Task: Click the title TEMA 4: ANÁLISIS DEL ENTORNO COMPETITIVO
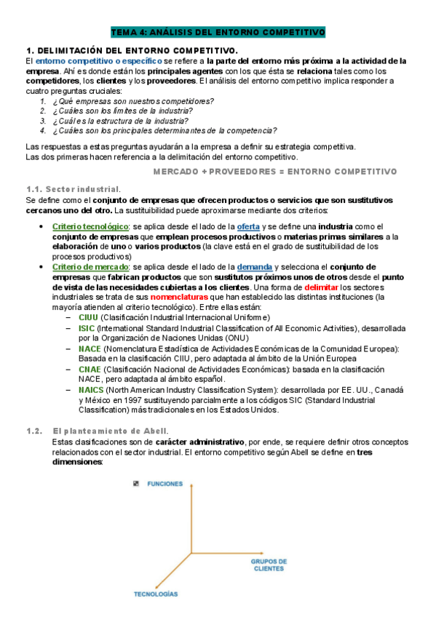(218, 33)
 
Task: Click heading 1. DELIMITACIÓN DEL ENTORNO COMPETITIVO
(132, 50)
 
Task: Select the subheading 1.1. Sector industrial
(74, 188)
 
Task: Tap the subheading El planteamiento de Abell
(112, 431)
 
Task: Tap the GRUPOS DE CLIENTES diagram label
(269, 565)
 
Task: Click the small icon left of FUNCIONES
(136, 484)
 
